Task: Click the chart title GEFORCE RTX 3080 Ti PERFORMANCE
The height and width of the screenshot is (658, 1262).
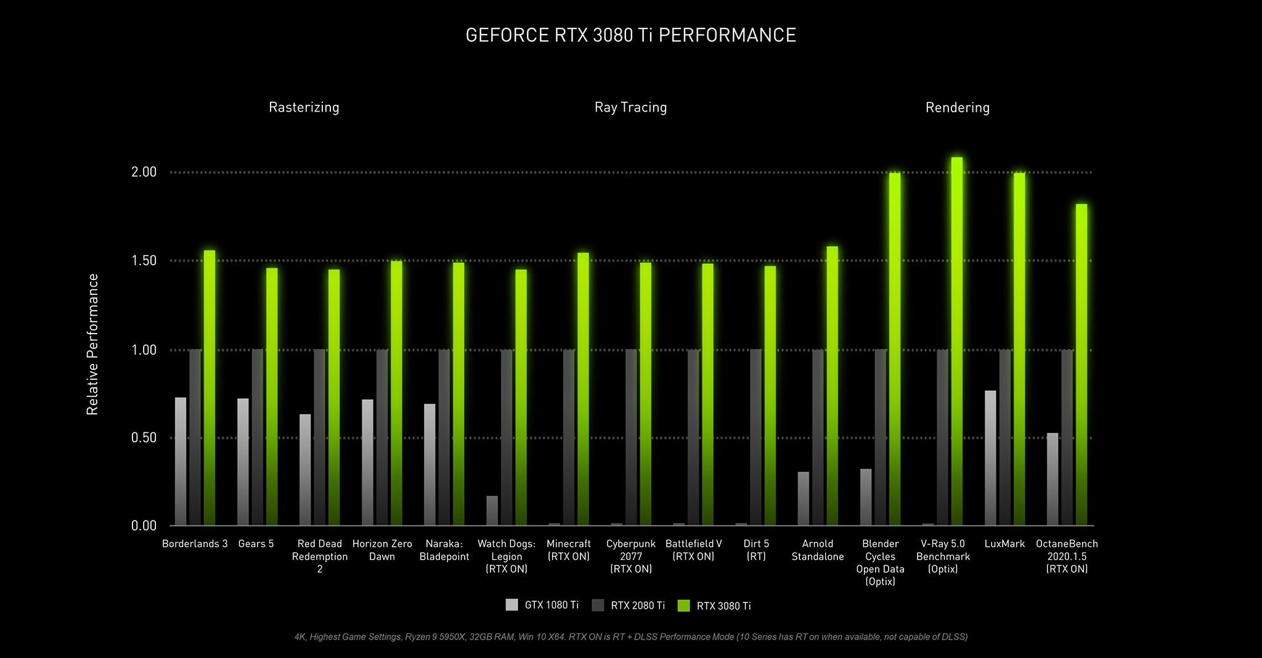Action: pos(630,35)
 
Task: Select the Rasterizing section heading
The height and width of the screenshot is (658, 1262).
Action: pos(304,107)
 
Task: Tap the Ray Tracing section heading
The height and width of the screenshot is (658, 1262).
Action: pos(630,107)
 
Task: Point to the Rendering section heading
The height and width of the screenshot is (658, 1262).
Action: pos(957,108)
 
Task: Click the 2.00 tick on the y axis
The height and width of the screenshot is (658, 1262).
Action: pos(144,172)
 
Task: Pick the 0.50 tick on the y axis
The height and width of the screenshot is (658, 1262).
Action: pos(144,438)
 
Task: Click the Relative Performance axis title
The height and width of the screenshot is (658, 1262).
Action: pos(92,344)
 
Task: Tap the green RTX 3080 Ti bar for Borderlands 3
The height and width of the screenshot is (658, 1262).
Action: pos(210,389)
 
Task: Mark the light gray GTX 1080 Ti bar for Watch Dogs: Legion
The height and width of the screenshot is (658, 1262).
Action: pos(492,511)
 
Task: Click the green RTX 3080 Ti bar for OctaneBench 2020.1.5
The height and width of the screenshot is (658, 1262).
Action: pos(1081,364)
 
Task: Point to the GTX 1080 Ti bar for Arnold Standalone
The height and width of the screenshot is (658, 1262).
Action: pos(803,498)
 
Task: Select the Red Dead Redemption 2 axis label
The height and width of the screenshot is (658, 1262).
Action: pos(319,556)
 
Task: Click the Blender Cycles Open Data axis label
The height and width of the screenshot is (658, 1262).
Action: pos(880,562)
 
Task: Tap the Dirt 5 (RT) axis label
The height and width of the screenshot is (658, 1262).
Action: pos(756,549)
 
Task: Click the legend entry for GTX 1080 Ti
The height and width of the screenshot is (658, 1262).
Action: pos(542,605)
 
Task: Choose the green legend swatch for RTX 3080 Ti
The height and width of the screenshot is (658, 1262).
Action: pos(683,606)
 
